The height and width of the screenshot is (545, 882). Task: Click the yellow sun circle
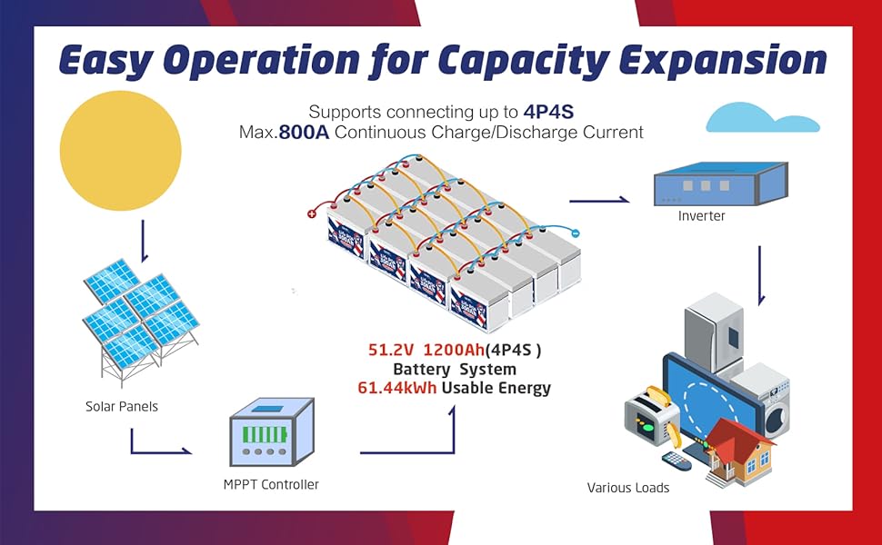[x=120, y=146]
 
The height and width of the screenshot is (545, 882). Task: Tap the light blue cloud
[x=762, y=118]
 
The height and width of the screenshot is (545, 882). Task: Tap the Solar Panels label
[x=122, y=406]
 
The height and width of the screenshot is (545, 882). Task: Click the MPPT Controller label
[x=271, y=485]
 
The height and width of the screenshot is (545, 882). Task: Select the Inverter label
[x=701, y=217]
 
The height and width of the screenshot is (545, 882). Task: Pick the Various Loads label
[x=627, y=488]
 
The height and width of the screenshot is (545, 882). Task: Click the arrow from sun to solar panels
[x=144, y=240]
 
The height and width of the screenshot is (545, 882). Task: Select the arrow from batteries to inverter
[x=599, y=200]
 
